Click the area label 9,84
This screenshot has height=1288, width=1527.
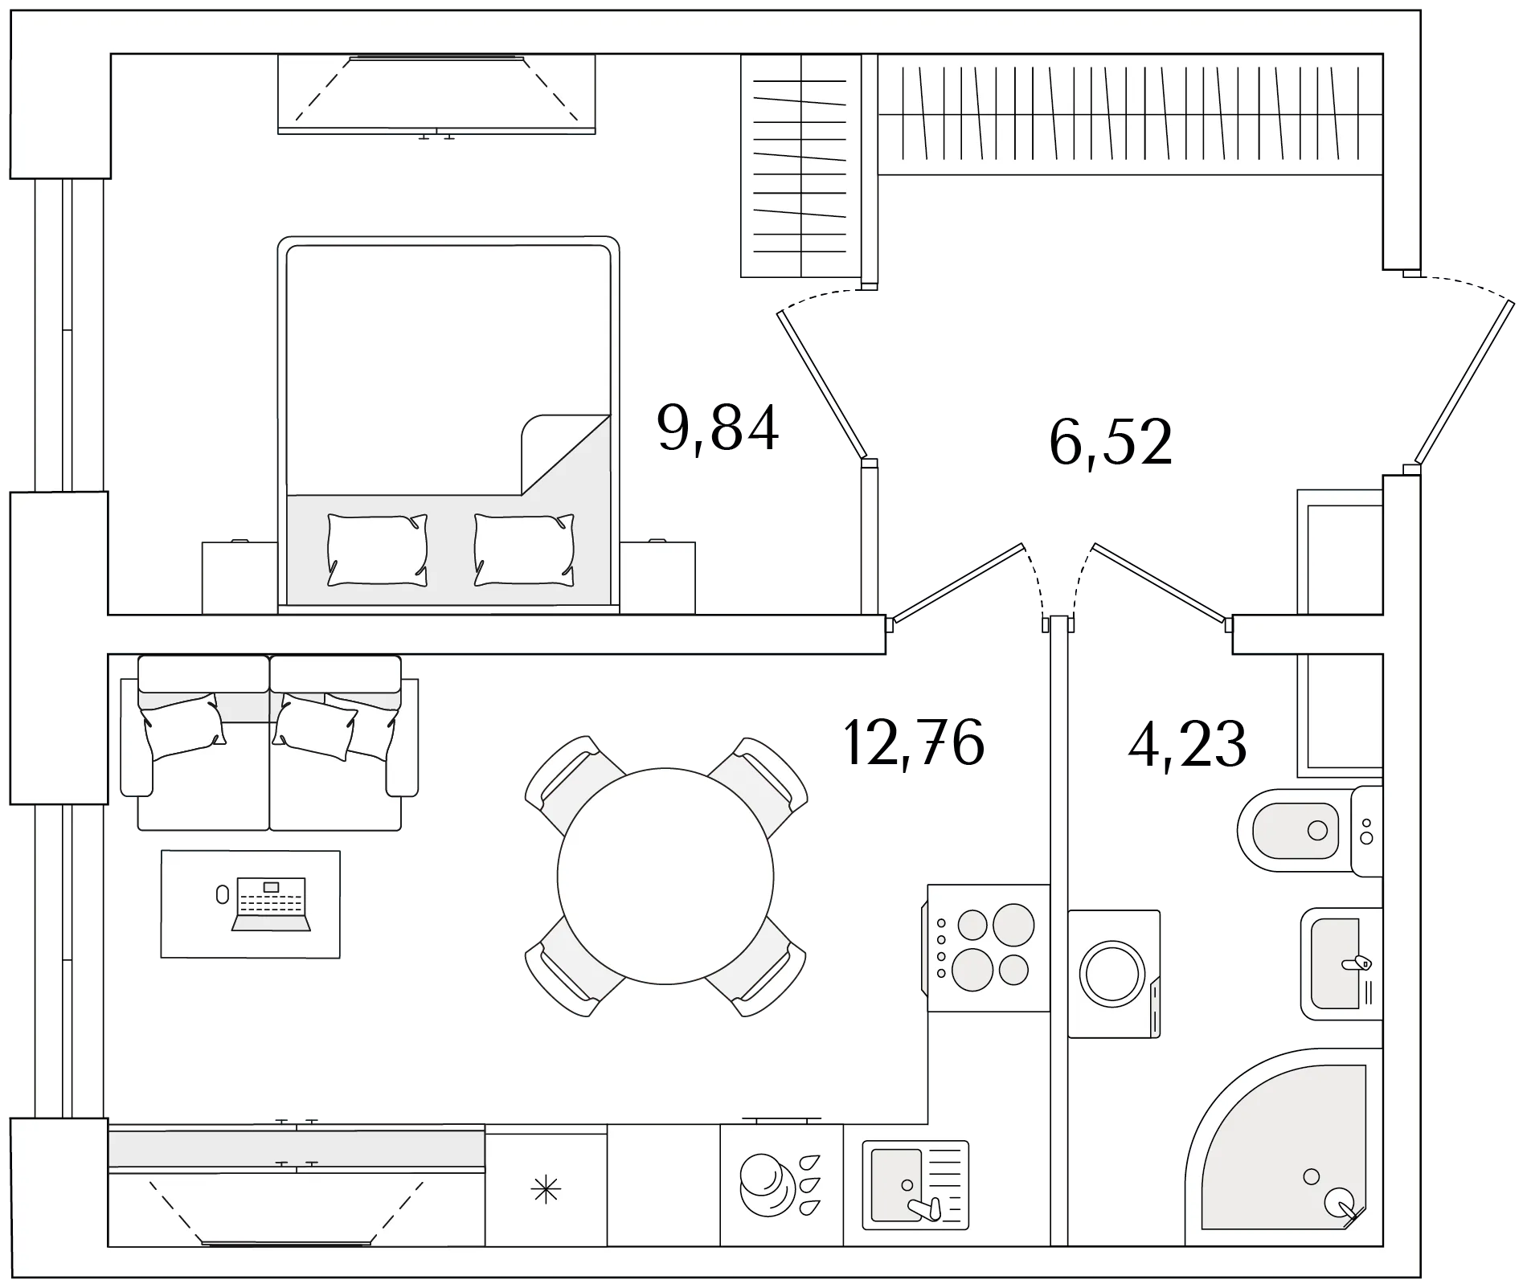[x=718, y=429]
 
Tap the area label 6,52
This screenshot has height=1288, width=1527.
[x=1111, y=443]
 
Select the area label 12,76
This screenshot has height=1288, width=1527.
[x=914, y=743]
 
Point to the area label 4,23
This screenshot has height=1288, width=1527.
[x=1187, y=744]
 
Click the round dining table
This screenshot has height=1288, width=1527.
[x=665, y=876]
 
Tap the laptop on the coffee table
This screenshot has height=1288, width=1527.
[x=271, y=904]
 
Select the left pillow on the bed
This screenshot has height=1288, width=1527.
[x=377, y=550]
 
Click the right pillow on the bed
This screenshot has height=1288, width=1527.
[x=524, y=550]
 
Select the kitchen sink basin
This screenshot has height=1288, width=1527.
[x=897, y=1184]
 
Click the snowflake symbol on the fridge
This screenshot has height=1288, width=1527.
[x=546, y=1189]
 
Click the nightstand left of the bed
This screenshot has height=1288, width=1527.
[x=239, y=578]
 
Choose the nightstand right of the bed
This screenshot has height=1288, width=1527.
[x=657, y=578]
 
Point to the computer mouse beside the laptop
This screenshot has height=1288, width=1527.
[x=223, y=894]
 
